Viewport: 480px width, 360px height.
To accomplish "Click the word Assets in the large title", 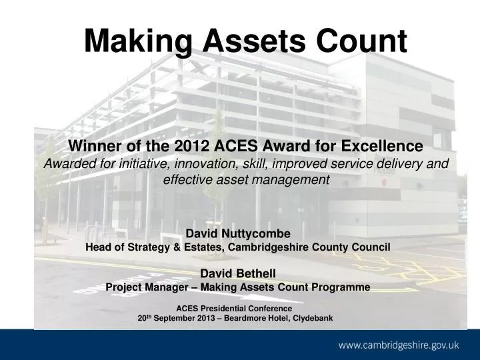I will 247,41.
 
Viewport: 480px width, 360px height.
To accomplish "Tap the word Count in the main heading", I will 359,41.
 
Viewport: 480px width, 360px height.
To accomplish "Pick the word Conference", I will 274,309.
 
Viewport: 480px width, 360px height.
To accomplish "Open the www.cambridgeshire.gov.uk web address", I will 399,345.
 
